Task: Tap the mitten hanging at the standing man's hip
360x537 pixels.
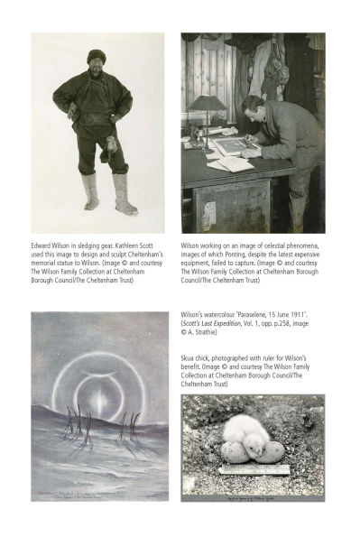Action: pyautogui.click(x=112, y=142)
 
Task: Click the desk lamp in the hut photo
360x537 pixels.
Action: pyautogui.click(x=207, y=104)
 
